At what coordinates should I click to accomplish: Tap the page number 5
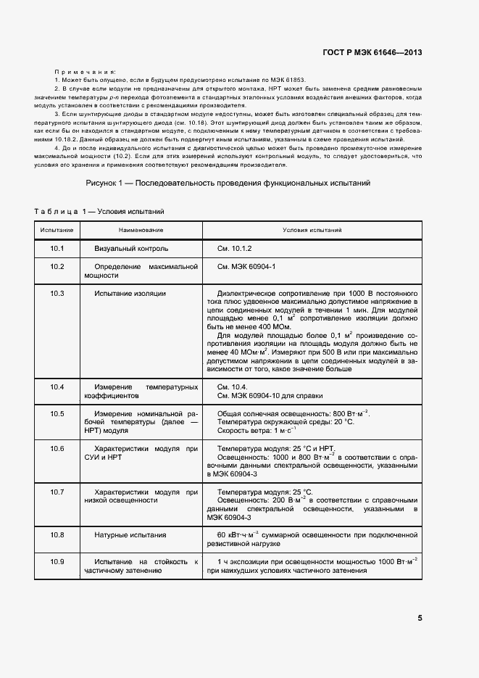[420, 618]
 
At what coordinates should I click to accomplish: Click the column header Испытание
[57, 230]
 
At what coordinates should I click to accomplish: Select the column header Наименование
[141, 230]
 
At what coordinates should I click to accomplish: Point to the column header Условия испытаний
[312, 230]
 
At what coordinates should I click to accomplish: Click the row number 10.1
[57, 249]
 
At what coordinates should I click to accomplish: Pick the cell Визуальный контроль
[131, 249]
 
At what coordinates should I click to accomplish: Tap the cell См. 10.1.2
[235, 249]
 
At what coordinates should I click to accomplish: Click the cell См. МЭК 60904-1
[246, 267]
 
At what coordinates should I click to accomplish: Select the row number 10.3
[57, 293]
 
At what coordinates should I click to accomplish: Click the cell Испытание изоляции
[130, 293]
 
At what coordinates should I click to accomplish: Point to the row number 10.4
[57, 387]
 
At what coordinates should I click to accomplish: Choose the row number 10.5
[57, 413]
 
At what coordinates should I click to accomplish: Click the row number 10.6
[57, 449]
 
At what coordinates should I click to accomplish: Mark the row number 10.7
[57, 492]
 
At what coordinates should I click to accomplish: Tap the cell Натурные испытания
[130, 535]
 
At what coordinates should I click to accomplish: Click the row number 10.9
[57, 562]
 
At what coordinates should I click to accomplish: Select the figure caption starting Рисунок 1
[228, 183]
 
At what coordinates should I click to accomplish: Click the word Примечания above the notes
[86, 73]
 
